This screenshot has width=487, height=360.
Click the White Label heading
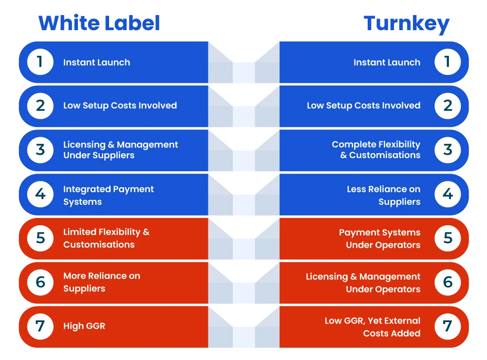click(99, 23)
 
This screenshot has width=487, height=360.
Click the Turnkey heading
click(406, 24)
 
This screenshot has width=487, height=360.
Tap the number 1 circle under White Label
click(40, 62)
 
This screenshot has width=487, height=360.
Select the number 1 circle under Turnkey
click(448, 62)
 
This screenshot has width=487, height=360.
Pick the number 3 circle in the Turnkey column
click(448, 150)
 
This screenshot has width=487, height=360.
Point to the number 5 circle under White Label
click(40, 238)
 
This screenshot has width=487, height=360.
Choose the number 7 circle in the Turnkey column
click(448, 326)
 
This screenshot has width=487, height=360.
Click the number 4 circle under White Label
click(40, 194)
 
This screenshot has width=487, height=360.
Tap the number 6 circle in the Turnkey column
click(448, 283)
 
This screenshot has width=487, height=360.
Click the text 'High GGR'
click(84, 326)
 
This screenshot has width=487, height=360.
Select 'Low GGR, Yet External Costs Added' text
click(373, 327)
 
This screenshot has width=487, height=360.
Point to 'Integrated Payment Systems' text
click(109, 195)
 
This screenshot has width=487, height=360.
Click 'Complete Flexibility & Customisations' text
click(376, 149)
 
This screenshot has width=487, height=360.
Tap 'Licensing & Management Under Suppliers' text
click(120, 150)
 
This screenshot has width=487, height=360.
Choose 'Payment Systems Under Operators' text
click(379, 239)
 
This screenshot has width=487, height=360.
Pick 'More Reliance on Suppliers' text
click(102, 282)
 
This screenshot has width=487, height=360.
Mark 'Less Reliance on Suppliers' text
click(384, 195)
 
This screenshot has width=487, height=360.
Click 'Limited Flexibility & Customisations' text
click(106, 238)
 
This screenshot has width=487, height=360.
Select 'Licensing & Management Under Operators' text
click(363, 283)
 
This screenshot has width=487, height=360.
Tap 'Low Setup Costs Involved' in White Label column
click(120, 106)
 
